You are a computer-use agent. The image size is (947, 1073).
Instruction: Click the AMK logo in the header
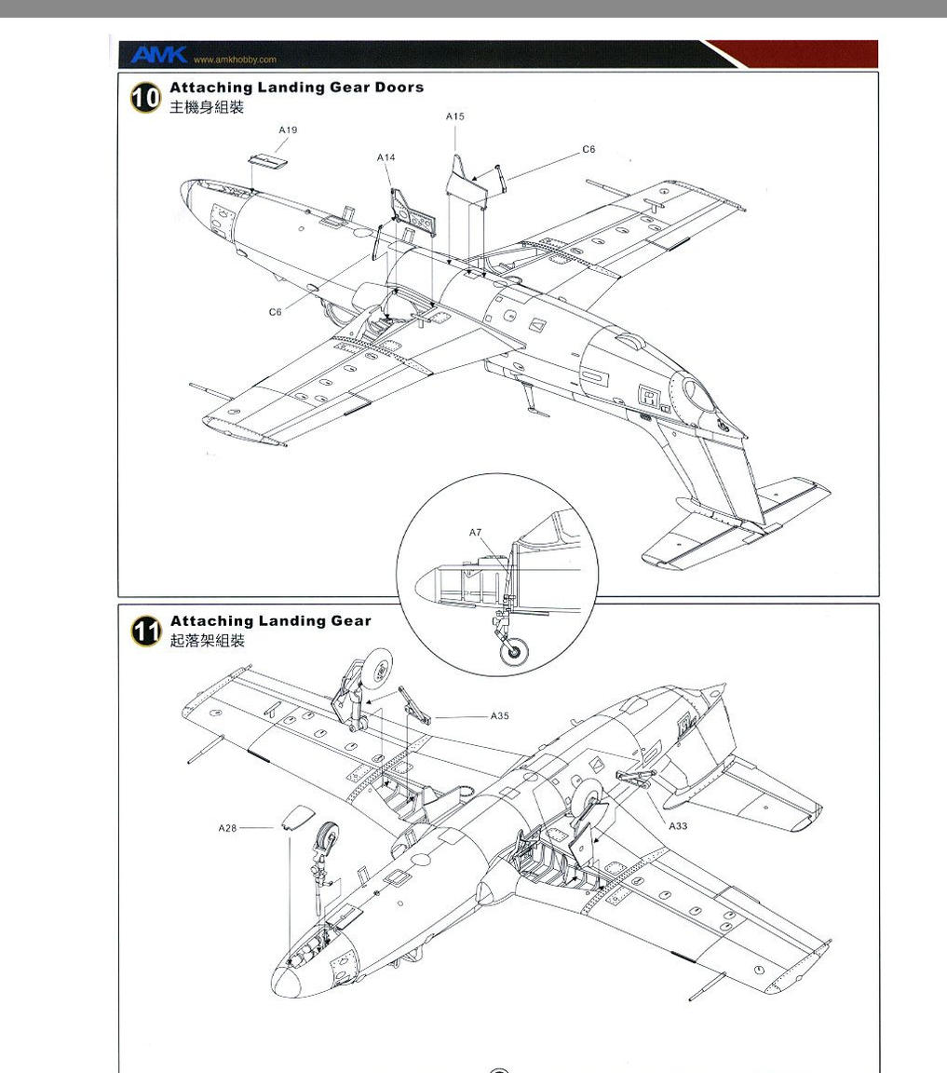click(x=158, y=55)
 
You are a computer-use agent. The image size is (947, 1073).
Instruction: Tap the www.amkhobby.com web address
click(x=235, y=60)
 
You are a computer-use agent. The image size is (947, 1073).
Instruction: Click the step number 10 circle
click(x=146, y=97)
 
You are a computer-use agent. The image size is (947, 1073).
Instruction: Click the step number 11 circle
click(x=146, y=631)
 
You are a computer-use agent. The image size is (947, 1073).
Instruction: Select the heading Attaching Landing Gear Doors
click(x=297, y=87)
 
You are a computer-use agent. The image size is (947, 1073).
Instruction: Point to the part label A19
click(x=288, y=129)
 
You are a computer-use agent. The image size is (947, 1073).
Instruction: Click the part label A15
click(x=455, y=116)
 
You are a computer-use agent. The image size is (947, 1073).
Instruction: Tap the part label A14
click(x=386, y=157)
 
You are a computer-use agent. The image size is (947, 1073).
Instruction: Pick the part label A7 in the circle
click(x=476, y=533)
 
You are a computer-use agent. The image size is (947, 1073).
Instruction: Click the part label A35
click(x=499, y=715)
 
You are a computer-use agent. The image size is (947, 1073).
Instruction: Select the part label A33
click(x=678, y=826)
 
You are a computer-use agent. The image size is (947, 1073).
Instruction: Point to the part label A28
click(x=227, y=828)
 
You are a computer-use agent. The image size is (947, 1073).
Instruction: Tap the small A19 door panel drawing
click(x=267, y=161)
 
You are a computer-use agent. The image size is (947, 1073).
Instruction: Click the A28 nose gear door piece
click(x=298, y=817)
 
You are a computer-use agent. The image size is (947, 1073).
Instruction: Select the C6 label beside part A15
click(x=589, y=149)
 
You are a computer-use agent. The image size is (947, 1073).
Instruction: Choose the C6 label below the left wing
click(x=275, y=312)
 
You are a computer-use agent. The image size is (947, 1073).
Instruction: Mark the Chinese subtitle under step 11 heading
click(x=208, y=641)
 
